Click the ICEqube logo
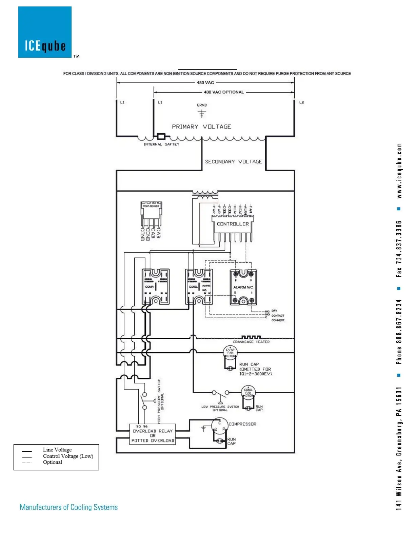(x=45, y=32)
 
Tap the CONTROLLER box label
(x=233, y=224)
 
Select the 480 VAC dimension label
(x=205, y=83)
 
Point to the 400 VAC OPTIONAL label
(x=224, y=92)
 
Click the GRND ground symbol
(x=202, y=113)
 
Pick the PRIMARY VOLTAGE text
(x=201, y=127)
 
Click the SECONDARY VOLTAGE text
(x=233, y=162)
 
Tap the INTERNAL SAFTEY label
(x=161, y=144)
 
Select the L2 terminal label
(x=301, y=102)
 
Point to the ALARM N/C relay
(x=243, y=287)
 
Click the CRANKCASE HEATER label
(x=251, y=342)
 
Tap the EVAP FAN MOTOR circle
(x=230, y=353)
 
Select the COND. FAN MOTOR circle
(x=248, y=393)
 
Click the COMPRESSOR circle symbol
(x=219, y=426)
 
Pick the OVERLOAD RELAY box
(x=153, y=434)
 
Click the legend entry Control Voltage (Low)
(x=68, y=456)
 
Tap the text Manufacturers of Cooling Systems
(x=69, y=507)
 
